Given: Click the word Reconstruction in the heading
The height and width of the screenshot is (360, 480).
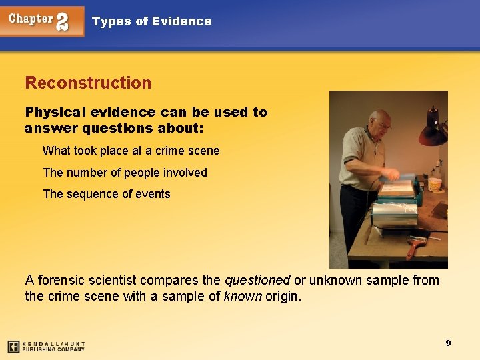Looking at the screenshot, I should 88,83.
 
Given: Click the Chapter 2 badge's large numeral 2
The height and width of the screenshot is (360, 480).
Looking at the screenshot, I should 62,21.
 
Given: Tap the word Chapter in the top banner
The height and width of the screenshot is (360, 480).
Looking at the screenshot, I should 31,19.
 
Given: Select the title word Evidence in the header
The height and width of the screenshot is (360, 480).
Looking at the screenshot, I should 181,21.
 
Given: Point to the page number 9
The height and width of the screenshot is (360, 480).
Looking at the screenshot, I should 448,343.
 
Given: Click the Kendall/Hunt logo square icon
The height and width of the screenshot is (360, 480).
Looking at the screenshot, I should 13,347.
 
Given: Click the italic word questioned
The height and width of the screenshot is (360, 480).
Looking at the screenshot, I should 257,280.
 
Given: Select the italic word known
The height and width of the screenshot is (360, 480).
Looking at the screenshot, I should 242,296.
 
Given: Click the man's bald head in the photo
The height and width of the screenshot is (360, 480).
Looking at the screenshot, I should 381,118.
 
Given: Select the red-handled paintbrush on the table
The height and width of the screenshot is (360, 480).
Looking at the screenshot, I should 415,247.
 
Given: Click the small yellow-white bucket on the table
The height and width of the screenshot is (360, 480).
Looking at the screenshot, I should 435,183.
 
